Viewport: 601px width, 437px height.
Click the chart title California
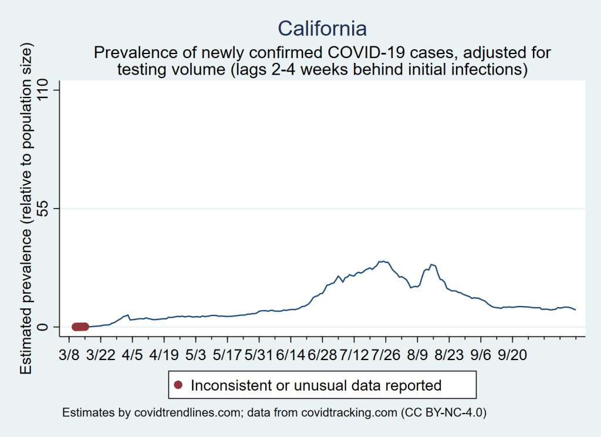click(x=322, y=28)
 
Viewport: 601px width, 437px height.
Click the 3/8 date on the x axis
click(x=69, y=356)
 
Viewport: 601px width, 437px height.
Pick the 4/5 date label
click(x=132, y=356)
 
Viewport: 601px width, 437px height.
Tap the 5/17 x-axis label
click(x=227, y=356)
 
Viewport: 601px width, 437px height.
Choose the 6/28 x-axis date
click(x=322, y=356)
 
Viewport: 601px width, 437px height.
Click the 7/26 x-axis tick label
click(x=386, y=356)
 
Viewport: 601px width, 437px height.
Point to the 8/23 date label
click(x=449, y=356)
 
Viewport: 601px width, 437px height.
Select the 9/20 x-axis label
click(x=512, y=356)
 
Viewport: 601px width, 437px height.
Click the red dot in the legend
click(x=179, y=385)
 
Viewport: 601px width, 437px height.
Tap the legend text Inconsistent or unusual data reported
click(x=316, y=385)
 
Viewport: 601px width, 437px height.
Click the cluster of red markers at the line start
click(x=80, y=327)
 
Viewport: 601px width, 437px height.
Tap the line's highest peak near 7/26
click(x=382, y=261)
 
